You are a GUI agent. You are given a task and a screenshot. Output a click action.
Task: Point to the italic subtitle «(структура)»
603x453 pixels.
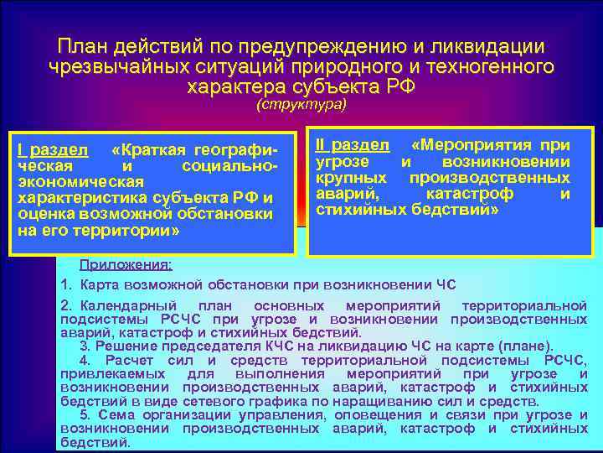tap(301, 105)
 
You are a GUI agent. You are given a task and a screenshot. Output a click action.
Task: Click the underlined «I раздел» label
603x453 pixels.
tap(53, 150)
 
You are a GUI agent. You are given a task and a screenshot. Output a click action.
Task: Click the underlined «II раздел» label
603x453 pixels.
tap(352, 145)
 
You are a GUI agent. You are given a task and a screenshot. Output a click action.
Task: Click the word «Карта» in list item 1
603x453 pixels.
tap(100, 284)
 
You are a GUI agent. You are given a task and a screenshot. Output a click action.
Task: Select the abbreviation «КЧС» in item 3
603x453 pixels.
tap(277, 346)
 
